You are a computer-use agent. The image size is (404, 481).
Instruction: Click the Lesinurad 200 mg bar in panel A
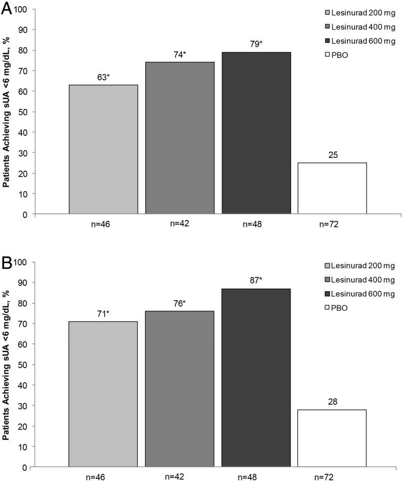pyautogui.click(x=103, y=149)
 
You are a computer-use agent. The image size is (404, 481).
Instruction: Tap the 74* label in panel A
pyautogui.click(x=180, y=53)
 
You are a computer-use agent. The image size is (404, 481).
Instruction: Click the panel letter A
pyautogui.click(x=7, y=10)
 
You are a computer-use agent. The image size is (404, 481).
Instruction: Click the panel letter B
pyautogui.click(x=7, y=263)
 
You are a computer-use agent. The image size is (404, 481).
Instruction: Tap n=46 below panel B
pyautogui.click(x=103, y=476)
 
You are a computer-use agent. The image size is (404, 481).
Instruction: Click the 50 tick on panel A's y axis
pyautogui.click(x=26, y=111)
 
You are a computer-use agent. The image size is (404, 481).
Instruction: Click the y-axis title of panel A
pyautogui.click(x=7, y=112)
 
